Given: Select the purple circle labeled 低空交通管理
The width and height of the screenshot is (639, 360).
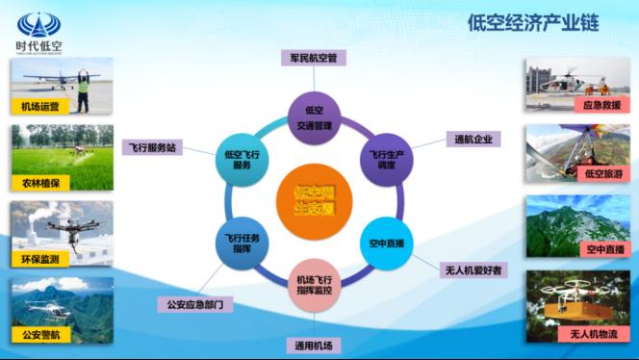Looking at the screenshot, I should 314,115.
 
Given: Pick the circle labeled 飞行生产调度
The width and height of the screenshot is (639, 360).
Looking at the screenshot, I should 386,158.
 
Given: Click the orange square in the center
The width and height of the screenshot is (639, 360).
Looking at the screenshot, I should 314,197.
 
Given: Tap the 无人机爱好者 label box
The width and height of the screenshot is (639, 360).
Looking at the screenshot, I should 471,270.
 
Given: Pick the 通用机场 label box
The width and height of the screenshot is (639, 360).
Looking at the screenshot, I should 314,345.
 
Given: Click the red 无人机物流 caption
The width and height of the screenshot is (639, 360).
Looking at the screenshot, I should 596,333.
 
